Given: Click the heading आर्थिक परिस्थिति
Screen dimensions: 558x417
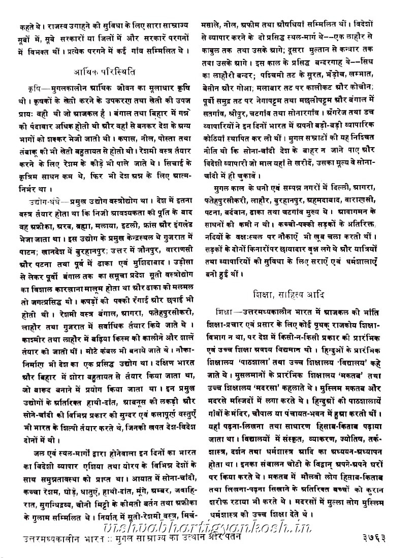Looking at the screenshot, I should click(103, 71).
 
